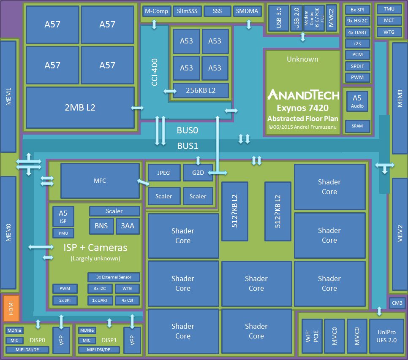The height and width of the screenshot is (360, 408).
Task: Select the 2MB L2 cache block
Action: coord(80,107)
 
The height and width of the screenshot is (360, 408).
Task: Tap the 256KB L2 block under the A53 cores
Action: coord(201,90)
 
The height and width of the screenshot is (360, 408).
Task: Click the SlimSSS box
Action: coord(187,11)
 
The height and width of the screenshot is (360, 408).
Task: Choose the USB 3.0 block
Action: coord(278,18)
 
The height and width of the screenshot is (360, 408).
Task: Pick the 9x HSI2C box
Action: coord(358,21)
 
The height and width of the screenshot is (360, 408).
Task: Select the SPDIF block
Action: coord(358,66)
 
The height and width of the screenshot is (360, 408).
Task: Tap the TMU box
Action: coord(389,9)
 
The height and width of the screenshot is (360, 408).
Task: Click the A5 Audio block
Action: coord(357,101)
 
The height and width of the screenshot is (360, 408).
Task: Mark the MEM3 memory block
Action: coord(400,98)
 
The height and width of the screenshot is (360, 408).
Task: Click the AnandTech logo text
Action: coord(303,95)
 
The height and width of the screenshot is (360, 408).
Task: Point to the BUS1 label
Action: coord(188,146)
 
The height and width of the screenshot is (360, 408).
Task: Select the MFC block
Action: coord(100,181)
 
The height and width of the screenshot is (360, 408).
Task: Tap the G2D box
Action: coord(198,173)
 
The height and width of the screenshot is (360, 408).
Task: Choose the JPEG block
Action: coord(164,173)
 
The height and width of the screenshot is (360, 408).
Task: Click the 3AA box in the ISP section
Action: coord(128,226)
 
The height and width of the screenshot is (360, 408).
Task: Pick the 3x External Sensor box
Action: coord(114,277)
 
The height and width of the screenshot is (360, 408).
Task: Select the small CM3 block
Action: coord(397,303)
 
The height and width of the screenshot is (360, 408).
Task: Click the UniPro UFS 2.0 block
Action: coord(386,336)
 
